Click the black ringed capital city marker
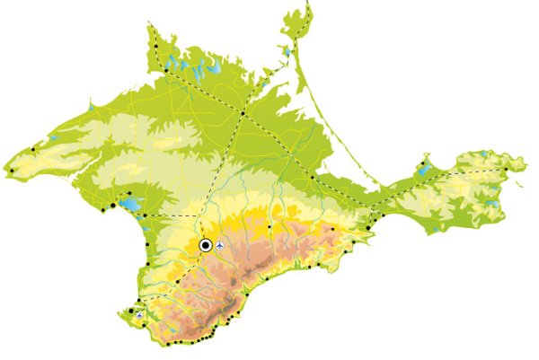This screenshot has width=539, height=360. pos(206,244)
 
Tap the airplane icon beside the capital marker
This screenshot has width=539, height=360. pos(221,244)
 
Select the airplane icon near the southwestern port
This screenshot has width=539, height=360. pos(138,315)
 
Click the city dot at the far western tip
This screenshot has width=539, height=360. pos(13,170)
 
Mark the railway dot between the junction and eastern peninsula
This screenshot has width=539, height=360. pos(313,177)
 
